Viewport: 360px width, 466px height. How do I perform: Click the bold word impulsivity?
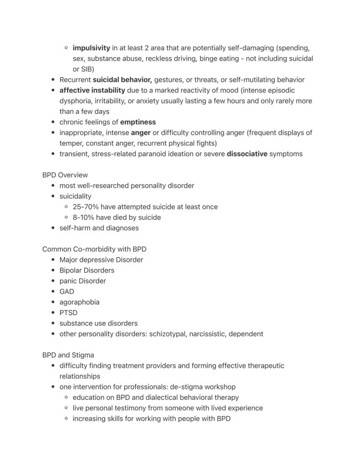coord(91,48)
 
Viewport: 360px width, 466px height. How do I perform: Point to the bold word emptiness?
coord(138,122)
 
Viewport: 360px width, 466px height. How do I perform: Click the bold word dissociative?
coord(247,154)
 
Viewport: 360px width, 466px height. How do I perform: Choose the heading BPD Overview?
coord(65,175)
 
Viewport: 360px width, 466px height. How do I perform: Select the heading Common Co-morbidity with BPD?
coord(94,249)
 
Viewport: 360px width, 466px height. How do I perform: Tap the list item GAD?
coord(67,292)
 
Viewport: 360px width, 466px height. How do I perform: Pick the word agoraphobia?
coord(79,302)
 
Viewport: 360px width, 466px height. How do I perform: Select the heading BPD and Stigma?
coord(68,355)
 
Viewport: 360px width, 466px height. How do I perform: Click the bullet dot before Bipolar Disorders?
coord(53,271)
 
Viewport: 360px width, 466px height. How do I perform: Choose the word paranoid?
coord(158,154)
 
